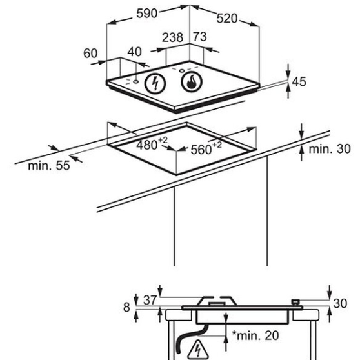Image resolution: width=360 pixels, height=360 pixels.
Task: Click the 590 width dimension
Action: [147, 14]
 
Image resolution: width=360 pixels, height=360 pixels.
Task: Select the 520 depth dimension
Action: [227, 18]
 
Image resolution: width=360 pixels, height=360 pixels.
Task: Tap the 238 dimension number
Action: [173, 37]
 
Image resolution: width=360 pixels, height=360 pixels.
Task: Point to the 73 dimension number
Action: [200, 37]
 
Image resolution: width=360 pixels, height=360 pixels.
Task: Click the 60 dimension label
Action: [90, 54]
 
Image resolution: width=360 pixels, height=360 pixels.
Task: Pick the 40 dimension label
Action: [134, 52]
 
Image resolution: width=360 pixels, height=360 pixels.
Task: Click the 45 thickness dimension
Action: [299, 81]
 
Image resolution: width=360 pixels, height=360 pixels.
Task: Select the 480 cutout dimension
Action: [152, 144]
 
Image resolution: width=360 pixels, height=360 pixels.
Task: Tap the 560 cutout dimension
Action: [206, 148]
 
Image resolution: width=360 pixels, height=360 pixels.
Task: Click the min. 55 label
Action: [48, 166]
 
